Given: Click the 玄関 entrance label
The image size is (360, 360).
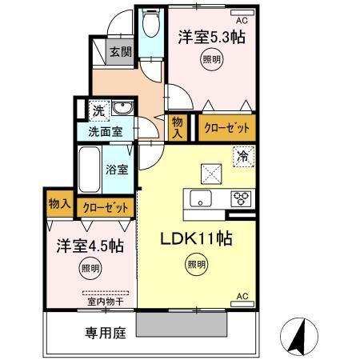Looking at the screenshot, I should (x=120, y=53).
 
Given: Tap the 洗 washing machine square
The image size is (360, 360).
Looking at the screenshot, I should (x=97, y=110).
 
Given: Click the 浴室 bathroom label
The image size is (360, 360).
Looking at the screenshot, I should (x=116, y=170).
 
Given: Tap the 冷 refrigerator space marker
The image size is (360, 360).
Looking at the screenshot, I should (x=241, y=158).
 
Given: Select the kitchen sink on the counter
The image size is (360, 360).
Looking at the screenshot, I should (x=198, y=200).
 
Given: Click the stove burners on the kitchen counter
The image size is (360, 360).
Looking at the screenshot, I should (x=241, y=200).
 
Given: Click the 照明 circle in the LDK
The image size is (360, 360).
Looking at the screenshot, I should (x=195, y=265).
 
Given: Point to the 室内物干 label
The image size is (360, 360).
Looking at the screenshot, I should (x=106, y=302).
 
